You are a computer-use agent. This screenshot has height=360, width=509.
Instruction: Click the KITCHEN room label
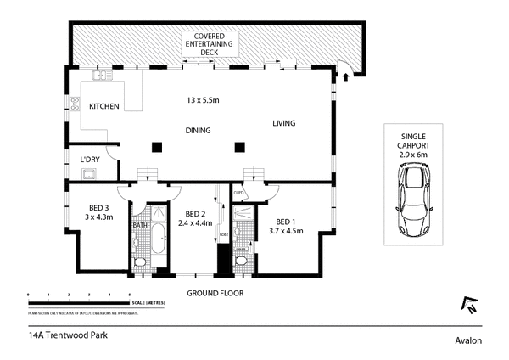(104, 106)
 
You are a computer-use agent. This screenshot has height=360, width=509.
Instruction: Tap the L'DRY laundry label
(91, 160)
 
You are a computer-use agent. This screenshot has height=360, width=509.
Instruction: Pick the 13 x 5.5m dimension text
(203, 101)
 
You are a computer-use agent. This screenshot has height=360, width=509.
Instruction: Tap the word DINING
(199, 130)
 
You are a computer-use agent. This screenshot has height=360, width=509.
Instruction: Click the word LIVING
(283, 124)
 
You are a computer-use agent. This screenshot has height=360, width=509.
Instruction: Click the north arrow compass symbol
(467, 303)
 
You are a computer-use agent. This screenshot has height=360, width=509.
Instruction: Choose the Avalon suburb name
(467, 340)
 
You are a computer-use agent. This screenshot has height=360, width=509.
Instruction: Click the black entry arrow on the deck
(345, 77)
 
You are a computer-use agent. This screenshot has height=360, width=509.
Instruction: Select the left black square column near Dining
(155, 146)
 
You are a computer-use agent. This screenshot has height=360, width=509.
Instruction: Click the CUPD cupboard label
(239, 192)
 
